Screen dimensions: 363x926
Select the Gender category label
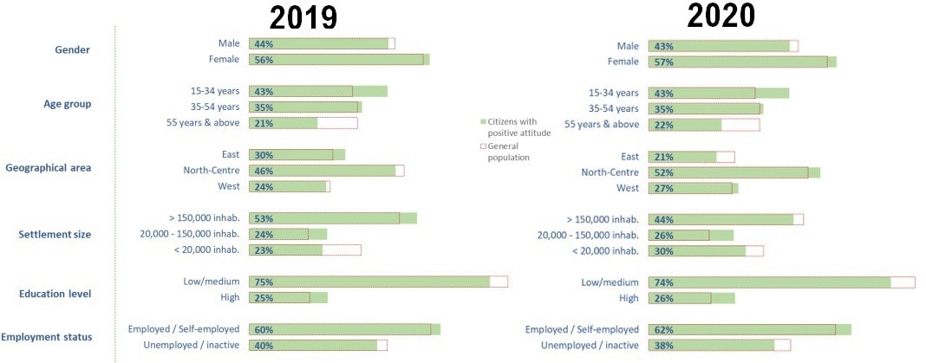click(74, 50)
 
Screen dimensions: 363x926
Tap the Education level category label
click(55, 294)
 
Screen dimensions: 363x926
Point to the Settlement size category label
click(55, 234)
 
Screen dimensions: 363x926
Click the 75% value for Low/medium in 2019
click(263, 282)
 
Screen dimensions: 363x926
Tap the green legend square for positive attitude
click(483, 121)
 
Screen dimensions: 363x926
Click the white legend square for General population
click(483, 147)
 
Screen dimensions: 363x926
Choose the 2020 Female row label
click(623, 62)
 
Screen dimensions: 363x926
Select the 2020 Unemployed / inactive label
click(590, 345)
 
